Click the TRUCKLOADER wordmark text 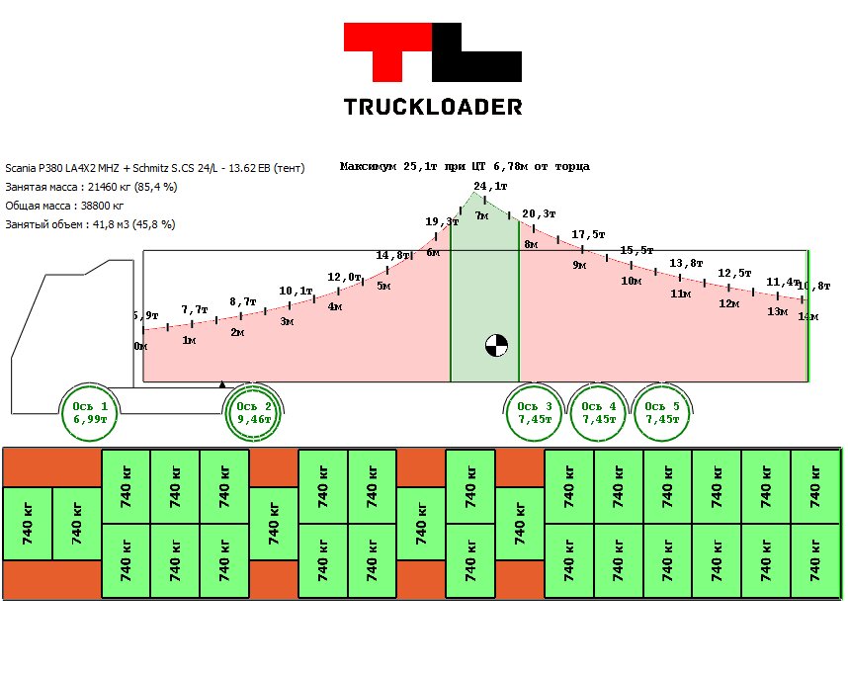point(433,107)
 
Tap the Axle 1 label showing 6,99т point(90,413)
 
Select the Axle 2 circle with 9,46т point(254,413)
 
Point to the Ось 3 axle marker point(535,413)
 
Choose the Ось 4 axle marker point(599,413)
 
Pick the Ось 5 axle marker point(662,413)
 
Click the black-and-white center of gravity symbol point(496,345)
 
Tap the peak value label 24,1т point(490,186)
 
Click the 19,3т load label point(441,221)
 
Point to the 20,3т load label point(539,213)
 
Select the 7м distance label point(482,214)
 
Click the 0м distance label point(140,346)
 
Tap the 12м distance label point(728,303)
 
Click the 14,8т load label point(392,255)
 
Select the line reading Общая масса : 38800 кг point(65,206)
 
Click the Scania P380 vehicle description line point(155,168)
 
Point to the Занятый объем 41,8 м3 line point(90,224)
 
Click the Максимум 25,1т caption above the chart point(465,166)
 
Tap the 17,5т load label point(588,234)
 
